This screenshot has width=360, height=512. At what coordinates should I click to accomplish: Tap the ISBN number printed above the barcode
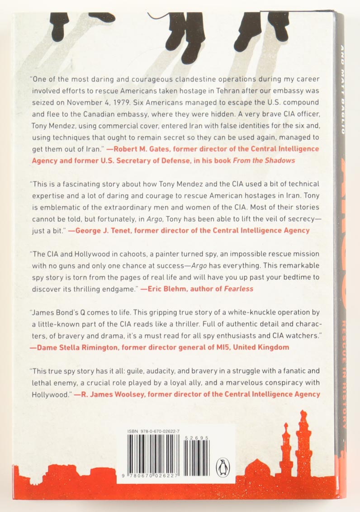(153, 433)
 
